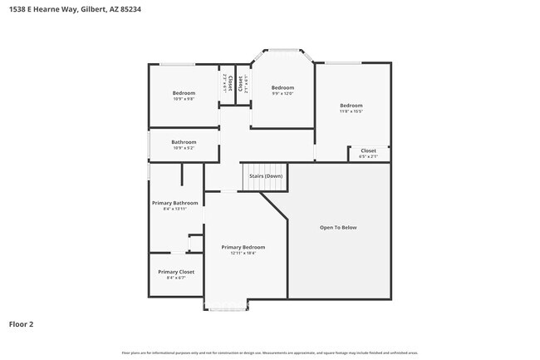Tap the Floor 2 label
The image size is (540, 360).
click(x=22, y=324)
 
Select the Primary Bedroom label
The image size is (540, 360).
click(x=243, y=247)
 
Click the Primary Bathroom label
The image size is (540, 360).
click(x=174, y=203)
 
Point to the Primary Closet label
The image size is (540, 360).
click(x=175, y=272)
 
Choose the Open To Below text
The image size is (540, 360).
click(x=338, y=227)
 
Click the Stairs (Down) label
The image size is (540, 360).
click(x=266, y=176)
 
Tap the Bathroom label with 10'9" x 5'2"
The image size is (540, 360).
click(x=184, y=142)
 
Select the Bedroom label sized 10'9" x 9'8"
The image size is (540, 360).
click(x=184, y=93)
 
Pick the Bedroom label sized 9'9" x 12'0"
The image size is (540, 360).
click(x=282, y=87)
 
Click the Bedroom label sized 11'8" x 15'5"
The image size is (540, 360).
click(x=351, y=106)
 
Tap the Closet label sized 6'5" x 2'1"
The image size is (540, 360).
click(x=368, y=150)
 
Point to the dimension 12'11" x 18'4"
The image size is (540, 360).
click(x=243, y=254)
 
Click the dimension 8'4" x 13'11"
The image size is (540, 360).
click(x=174, y=210)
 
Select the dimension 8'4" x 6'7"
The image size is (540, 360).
click(x=175, y=279)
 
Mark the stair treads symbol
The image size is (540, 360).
click(x=253, y=178)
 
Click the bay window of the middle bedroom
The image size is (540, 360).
click(x=282, y=52)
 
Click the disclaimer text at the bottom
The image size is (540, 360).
click(x=270, y=353)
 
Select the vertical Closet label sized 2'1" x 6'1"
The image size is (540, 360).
click(x=242, y=84)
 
